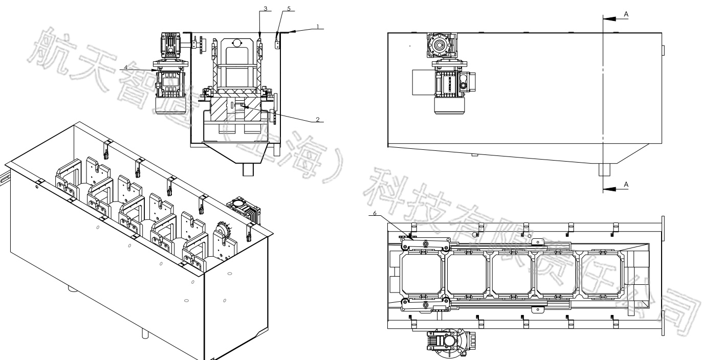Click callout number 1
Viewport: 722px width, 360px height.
point(317,26)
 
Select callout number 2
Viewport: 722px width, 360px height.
point(317,119)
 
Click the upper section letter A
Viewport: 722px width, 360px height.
point(626,14)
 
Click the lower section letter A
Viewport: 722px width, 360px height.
point(626,184)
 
